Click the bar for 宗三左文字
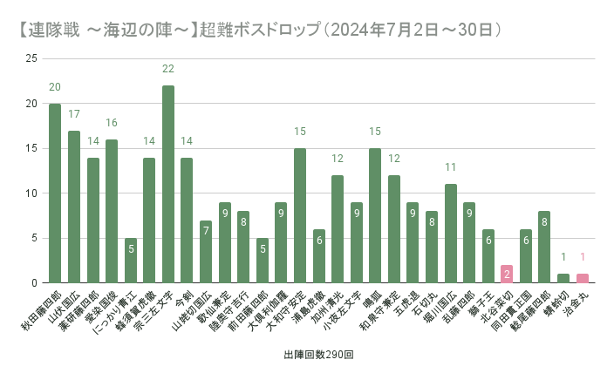[168, 184]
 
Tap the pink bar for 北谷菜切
[507, 274]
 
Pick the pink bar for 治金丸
[583, 278]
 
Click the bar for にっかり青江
[130, 261]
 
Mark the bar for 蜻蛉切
[563, 278]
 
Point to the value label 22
[168, 69]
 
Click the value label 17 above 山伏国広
[74, 114]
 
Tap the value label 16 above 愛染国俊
[112, 123]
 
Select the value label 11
[451, 167]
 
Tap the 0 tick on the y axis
[34, 283]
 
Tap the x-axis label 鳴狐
[372, 297]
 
